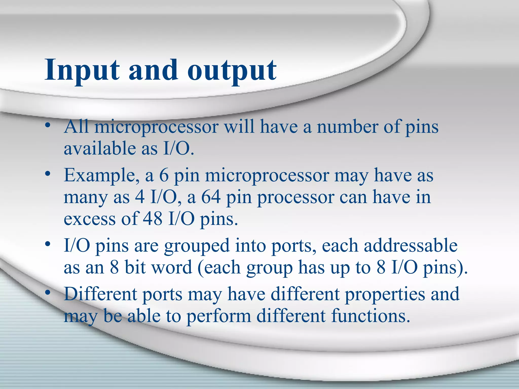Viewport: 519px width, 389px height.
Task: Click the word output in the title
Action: point(232,70)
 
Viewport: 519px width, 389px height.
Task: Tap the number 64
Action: point(211,197)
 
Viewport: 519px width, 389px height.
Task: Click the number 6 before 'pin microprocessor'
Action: point(164,175)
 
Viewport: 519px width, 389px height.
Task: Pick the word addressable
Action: point(411,245)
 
